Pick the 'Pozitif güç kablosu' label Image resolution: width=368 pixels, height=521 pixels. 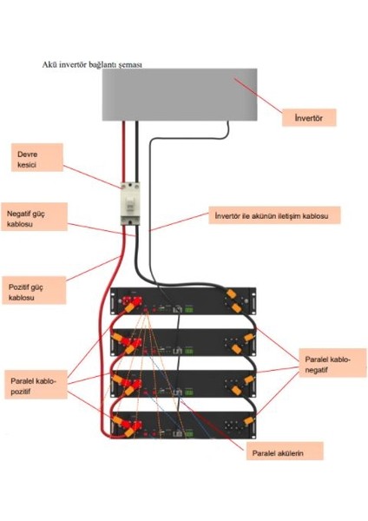click(x=32, y=292)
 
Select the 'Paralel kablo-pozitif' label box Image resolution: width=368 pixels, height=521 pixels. click(x=40, y=385)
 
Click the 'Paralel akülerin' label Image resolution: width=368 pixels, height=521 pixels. click(x=283, y=452)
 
